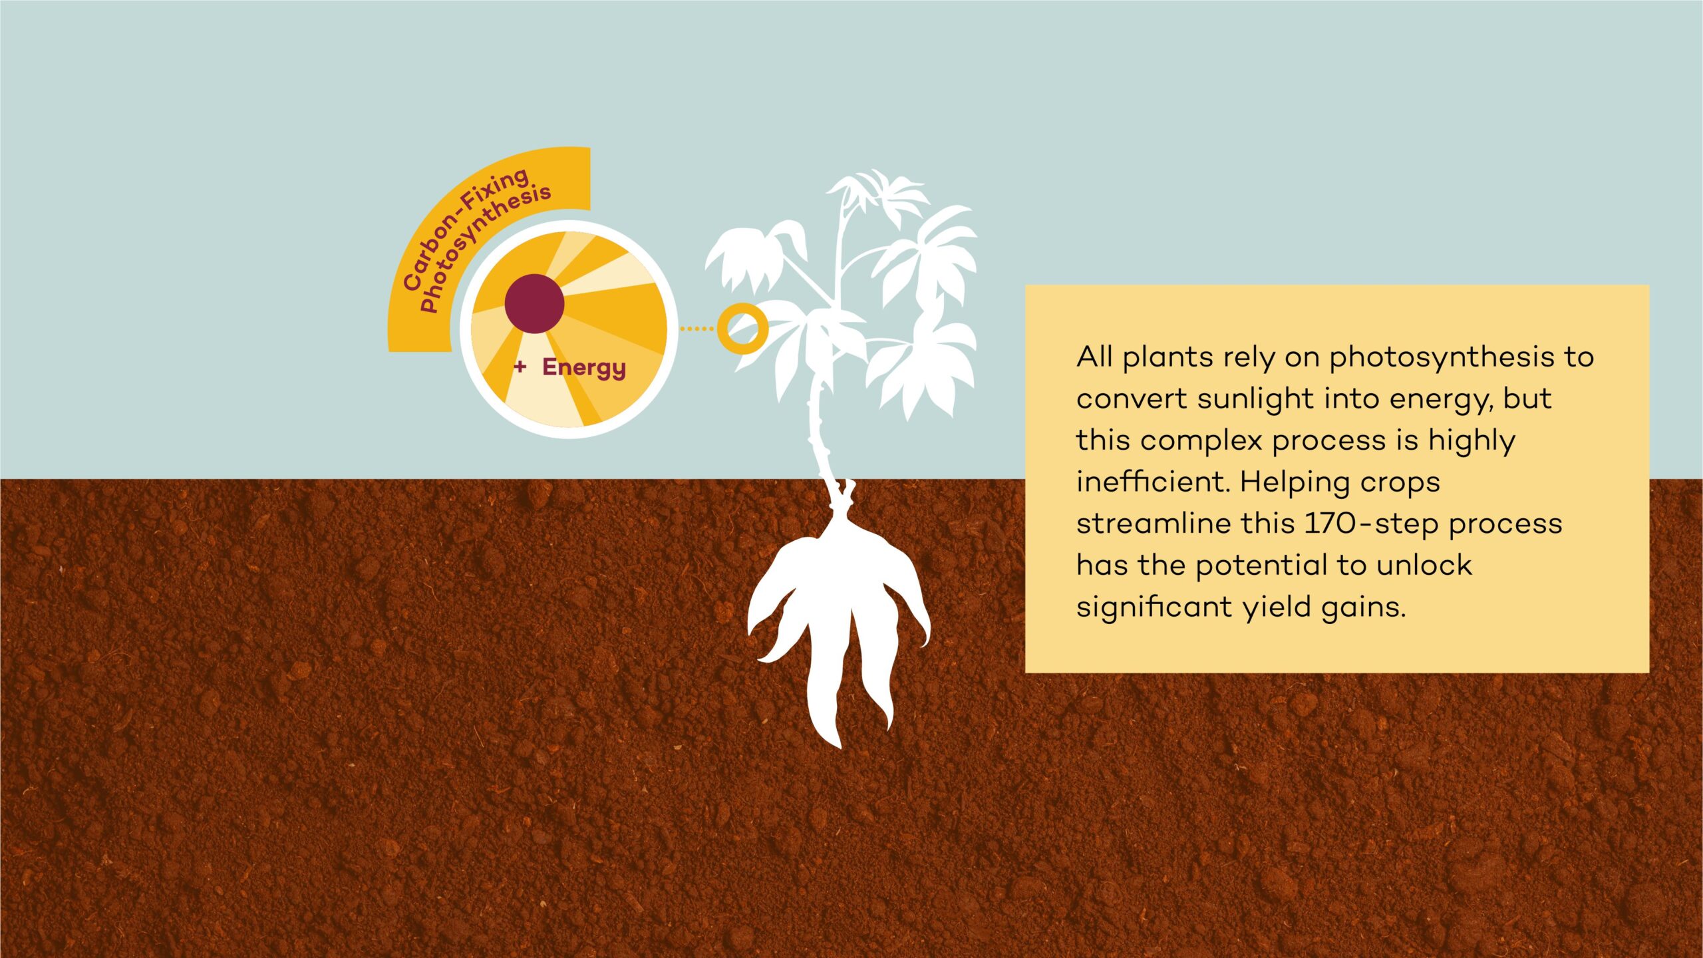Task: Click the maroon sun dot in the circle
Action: point(534,303)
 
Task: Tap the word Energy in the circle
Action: point(584,368)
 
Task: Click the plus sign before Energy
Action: point(520,366)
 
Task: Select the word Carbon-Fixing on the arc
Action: point(465,226)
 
